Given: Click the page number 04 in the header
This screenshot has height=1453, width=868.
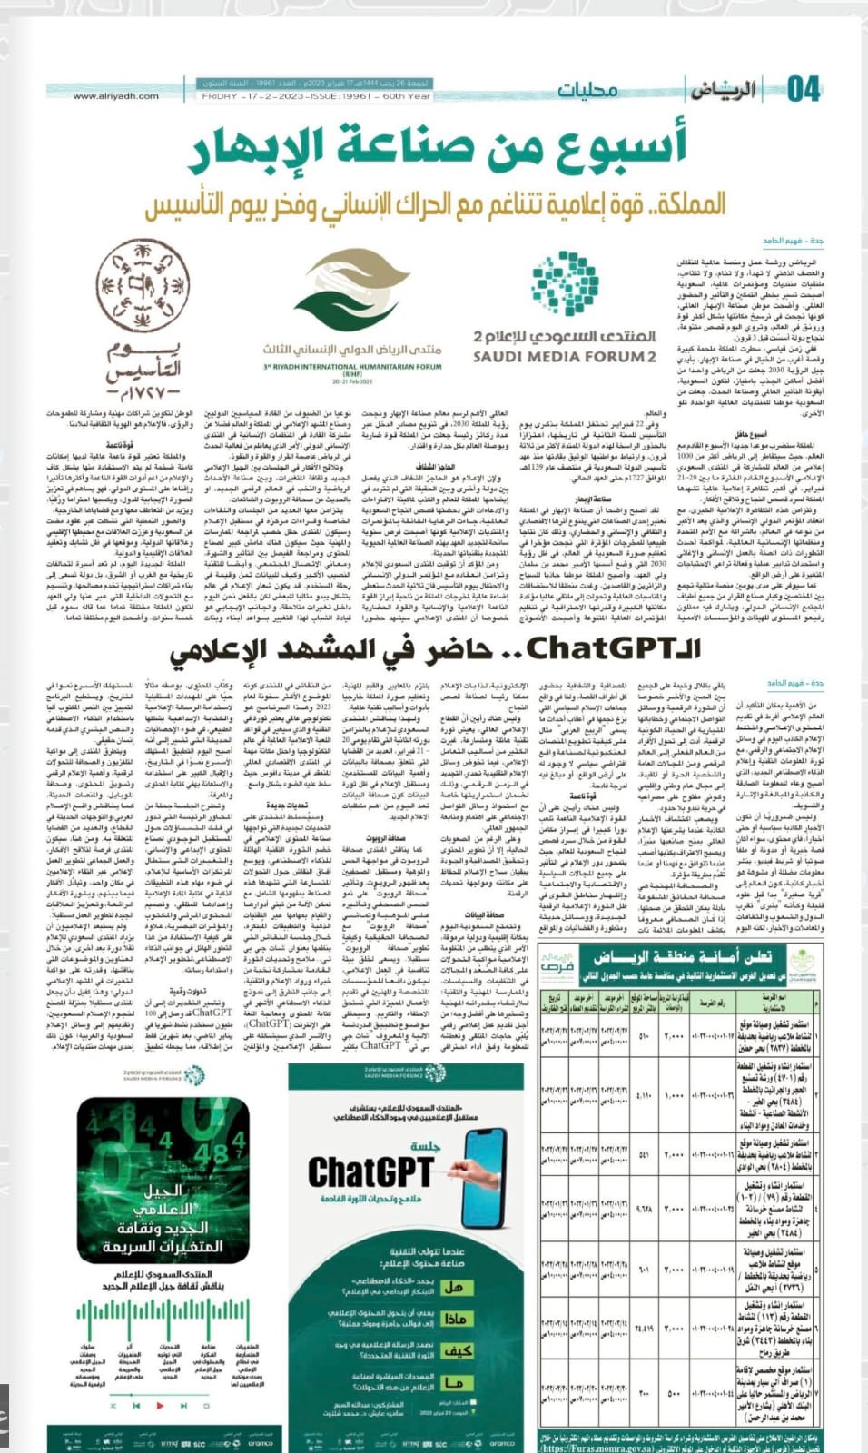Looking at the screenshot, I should pyautogui.click(x=804, y=89).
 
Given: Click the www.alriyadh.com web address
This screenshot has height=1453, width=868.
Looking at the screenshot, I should pyautogui.click(x=115, y=95).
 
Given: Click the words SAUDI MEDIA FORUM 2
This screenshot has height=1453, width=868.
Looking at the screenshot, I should pyautogui.click(x=564, y=357).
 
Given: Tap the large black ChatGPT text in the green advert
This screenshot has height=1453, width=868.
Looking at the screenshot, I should pyautogui.click(x=370, y=1171).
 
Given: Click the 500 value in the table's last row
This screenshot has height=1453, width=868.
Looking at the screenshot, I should pyautogui.click(x=675, y=1393).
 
